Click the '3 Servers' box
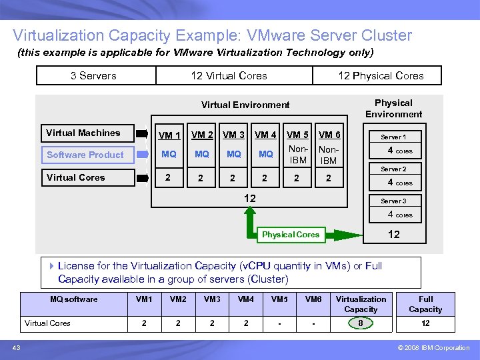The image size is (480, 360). [94, 76]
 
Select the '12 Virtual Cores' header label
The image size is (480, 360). [229, 76]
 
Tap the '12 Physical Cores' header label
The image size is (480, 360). [381, 76]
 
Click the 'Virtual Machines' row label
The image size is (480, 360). [83, 133]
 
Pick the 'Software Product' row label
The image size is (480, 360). [85, 155]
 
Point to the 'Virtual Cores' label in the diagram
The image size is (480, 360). [76, 178]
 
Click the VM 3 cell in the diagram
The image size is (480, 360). [233, 135]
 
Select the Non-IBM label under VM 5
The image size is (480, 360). [297, 155]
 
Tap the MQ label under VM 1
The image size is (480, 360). [169, 155]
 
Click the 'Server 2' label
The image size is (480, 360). [393, 169]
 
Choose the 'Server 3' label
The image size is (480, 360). [393, 201]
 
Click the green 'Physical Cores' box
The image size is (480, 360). [291, 235]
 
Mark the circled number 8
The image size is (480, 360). [361, 323]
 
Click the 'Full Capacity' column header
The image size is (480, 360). [425, 304]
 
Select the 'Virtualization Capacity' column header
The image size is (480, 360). [361, 304]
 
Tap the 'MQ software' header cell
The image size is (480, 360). [74, 299]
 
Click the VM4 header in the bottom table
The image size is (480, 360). [246, 299]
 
